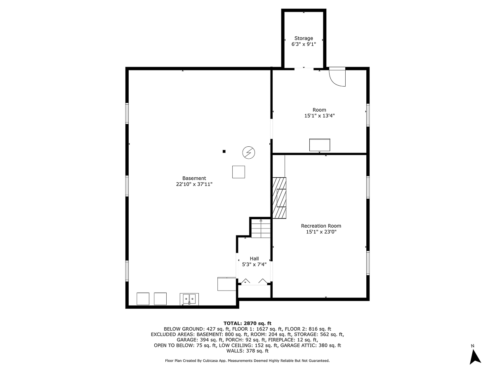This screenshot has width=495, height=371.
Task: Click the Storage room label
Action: point(304,38)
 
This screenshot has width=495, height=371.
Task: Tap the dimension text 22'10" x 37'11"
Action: point(194,184)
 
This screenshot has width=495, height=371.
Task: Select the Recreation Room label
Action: point(321,226)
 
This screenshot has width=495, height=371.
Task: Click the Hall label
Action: point(254,258)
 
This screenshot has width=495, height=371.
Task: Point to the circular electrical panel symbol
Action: point(249,153)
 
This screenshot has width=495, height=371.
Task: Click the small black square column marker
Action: point(224,151)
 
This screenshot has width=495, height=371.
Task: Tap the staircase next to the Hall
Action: point(261,229)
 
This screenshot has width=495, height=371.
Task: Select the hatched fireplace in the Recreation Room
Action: point(279,197)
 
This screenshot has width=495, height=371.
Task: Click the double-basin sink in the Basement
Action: point(189,299)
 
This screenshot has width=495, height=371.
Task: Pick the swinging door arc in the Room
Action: point(338,77)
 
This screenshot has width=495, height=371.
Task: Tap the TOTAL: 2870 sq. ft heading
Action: point(247,323)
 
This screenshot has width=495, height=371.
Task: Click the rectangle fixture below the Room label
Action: point(320,145)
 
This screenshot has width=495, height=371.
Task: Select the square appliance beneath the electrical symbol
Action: point(238,172)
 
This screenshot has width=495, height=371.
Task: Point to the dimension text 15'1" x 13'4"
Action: point(319,116)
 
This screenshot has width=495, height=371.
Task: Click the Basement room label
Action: point(194,178)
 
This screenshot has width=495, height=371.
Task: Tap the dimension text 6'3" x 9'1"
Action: point(304,44)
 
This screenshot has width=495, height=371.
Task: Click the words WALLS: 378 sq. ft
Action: point(247,351)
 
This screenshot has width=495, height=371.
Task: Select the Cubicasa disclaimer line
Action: point(247,361)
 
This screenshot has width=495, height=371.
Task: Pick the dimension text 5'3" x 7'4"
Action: point(254,265)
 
